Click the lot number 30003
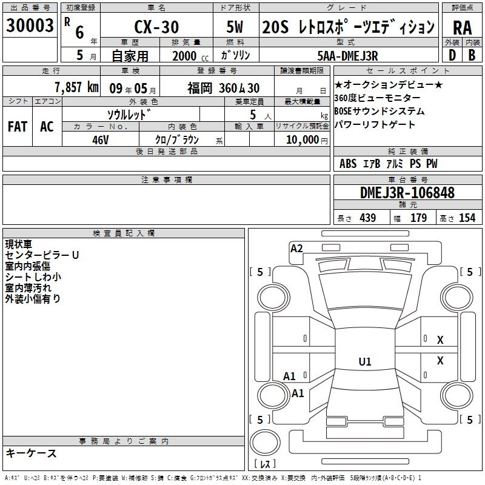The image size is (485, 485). (30, 25)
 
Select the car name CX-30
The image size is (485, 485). (156, 27)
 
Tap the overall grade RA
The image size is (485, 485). (463, 28)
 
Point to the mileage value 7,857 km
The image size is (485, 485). (77, 87)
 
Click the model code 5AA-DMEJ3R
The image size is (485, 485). (347, 56)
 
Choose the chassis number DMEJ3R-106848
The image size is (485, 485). (407, 193)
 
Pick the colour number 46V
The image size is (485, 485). (101, 140)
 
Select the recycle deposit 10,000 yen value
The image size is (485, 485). (307, 140)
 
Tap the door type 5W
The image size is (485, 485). (235, 27)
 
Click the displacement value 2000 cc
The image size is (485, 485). (190, 56)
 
